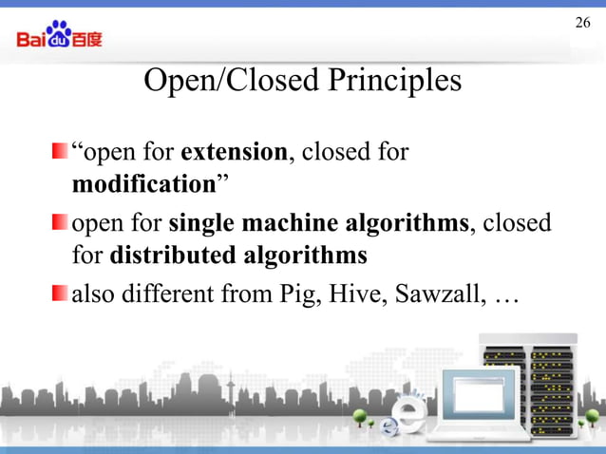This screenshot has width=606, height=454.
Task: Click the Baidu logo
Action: pyautogui.click(x=59, y=35)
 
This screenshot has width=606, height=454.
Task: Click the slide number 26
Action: pyautogui.click(x=582, y=21)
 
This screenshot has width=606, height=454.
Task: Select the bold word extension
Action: pyautogui.click(x=234, y=152)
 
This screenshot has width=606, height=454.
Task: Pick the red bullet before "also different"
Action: pyautogui.click(x=60, y=294)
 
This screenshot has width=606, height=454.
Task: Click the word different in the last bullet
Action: pyautogui.click(x=170, y=294)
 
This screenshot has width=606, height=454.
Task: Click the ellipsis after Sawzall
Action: pyautogui.click(x=505, y=296)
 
